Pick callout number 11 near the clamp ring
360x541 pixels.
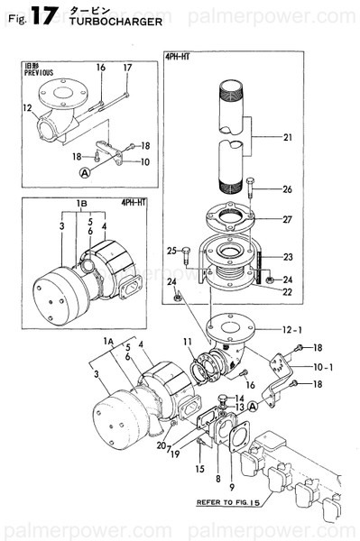188,341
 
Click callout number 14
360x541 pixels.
238,398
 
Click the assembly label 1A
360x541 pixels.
109,342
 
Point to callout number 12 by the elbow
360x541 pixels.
27,107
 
